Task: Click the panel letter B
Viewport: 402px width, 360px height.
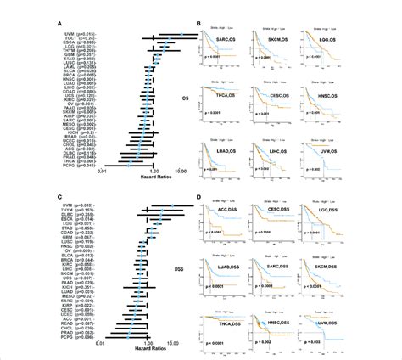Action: pos(197,24)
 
